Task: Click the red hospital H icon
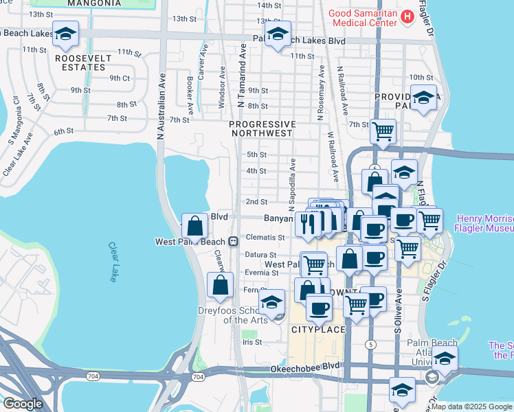click(407, 16)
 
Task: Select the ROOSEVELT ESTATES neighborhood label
click(83, 63)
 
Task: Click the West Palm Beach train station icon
click(234, 242)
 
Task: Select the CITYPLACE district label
click(316, 330)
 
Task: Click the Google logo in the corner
click(23, 403)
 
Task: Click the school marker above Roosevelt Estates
click(65, 34)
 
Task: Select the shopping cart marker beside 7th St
click(382, 130)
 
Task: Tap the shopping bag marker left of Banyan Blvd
click(195, 226)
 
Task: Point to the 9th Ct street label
click(120, 78)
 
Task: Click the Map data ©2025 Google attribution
click(471, 407)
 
